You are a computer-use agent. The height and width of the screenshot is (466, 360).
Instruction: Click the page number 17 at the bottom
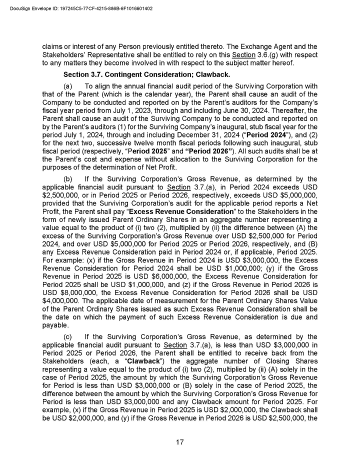tap(180, 442)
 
